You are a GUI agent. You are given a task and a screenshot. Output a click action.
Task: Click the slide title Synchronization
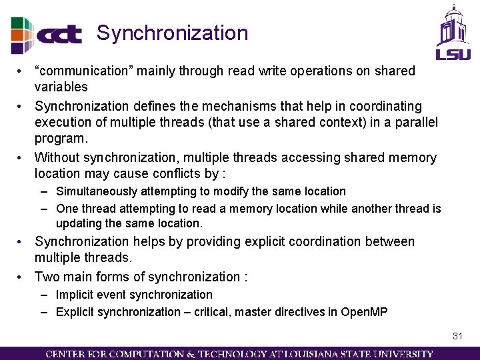tap(172, 33)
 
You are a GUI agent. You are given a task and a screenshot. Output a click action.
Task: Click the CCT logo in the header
tap(47, 34)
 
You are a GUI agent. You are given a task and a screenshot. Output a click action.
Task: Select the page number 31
tap(457, 336)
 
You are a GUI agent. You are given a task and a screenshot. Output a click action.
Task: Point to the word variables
tap(61, 87)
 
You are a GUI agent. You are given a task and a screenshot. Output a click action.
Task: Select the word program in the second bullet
tap(61, 139)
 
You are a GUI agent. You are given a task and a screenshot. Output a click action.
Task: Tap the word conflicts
tap(175, 174)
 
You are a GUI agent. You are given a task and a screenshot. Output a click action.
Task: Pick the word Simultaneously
tap(97, 191)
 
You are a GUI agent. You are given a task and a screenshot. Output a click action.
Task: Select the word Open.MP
tap(364, 312)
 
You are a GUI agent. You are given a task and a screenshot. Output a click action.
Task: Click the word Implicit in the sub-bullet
tap(75, 295)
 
